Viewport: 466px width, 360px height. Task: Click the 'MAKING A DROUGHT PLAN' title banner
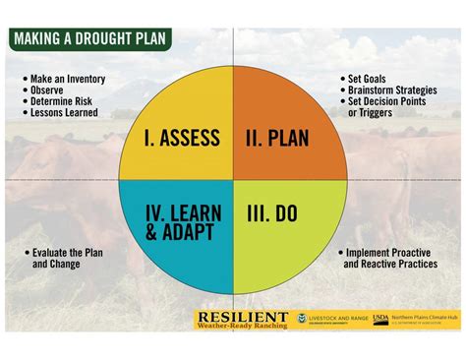[x=90, y=39]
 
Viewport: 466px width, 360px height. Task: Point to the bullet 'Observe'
[x=49, y=90]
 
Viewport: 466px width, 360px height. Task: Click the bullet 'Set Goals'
[x=366, y=79]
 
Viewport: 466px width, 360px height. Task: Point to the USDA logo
[x=380, y=320]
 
